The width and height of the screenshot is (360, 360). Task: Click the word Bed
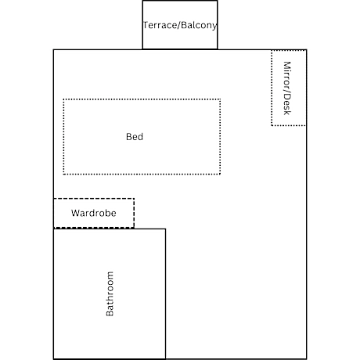click(x=135, y=137)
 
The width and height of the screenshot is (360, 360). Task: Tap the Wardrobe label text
click(x=94, y=213)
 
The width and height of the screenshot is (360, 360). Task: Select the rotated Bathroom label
click(x=110, y=293)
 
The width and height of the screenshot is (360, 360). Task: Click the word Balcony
click(x=199, y=25)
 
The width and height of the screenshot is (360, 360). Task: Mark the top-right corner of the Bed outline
click(x=221, y=99)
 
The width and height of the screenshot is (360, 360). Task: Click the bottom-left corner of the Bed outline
click(x=63, y=174)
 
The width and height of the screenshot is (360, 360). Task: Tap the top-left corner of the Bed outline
click(x=63, y=99)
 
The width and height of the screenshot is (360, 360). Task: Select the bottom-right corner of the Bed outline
click(x=221, y=174)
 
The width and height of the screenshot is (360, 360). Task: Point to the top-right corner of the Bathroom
click(x=165, y=229)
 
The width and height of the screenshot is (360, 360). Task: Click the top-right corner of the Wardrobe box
click(x=134, y=199)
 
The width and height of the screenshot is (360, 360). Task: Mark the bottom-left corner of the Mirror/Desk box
click(x=272, y=125)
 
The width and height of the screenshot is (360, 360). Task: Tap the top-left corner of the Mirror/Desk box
click(x=272, y=51)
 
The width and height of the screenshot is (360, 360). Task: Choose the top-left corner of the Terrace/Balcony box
click(x=142, y=1)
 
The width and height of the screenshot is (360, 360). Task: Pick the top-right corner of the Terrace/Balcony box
click(x=218, y=1)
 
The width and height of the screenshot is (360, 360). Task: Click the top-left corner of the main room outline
click(x=53, y=49)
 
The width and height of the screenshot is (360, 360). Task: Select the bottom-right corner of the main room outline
click(x=307, y=359)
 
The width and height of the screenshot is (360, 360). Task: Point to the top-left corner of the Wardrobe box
click(x=54, y=199)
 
